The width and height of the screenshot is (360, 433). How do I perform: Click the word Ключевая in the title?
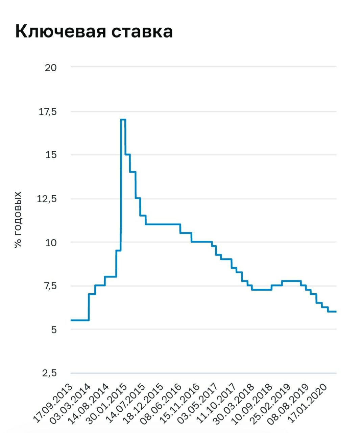click(x=61, y=31)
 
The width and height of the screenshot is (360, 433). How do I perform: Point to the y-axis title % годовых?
click(x=18, y=220)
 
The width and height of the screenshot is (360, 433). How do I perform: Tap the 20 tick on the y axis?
click(x=51, y=68)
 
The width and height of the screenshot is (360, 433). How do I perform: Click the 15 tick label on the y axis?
click(x=51, y=155)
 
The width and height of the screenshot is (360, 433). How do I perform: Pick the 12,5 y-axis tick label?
click(x=47, y=199)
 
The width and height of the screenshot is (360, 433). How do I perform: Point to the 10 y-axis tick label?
click(x=51, y=243)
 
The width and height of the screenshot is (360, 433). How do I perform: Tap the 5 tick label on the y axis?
click(x=54, y=330)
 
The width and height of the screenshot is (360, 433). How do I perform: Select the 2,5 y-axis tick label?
click(x=50, y=373)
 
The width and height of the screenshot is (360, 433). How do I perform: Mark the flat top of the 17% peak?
click(x=123, y=119)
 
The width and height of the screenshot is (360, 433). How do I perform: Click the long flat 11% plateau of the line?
click(x=163, y=224)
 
